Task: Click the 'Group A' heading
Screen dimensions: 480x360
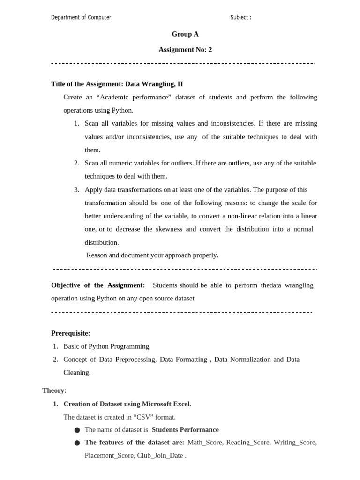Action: pos(185,34)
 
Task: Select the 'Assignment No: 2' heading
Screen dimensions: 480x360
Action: pos(185,50)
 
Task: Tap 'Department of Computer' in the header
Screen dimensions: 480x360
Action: pos(81,18)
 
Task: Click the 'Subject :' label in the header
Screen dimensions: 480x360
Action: pos(240,18)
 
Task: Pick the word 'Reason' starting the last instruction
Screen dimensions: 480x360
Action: pos(97,255)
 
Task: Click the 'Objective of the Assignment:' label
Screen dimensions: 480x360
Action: pos(98,285)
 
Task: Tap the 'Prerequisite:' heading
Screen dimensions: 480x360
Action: pos(71,333)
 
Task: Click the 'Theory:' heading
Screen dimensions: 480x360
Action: pos(54,390)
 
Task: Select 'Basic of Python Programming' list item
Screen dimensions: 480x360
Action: pos(106,346)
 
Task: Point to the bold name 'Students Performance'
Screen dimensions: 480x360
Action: pos(185,430)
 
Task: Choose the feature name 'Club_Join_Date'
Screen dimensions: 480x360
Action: pos(160,456)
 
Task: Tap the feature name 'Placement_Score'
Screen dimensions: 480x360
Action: pos(109,456)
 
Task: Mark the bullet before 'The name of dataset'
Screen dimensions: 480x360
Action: pos(77,430)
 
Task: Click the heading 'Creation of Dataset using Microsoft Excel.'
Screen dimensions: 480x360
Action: pos(127,404)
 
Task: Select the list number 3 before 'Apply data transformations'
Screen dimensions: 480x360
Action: pos(76,190)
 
